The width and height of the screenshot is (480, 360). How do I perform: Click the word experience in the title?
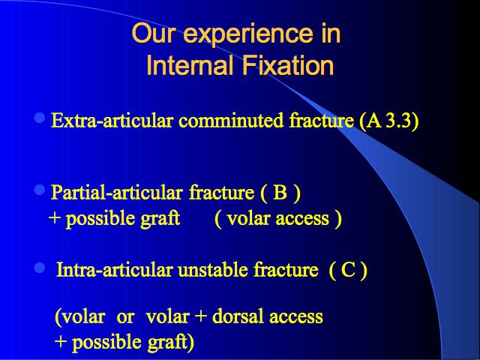click(247, 34)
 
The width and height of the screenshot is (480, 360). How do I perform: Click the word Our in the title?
click(154, 33)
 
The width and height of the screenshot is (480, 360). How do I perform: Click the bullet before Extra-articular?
click(40, 118)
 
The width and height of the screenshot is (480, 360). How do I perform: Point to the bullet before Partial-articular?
click(40, 190)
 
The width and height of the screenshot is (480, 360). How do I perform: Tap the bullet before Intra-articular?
click(40, 268)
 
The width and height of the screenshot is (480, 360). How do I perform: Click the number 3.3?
click(398, 121)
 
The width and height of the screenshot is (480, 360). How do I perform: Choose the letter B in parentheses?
click(280, 193)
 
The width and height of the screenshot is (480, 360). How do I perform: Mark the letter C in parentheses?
click(348, 270)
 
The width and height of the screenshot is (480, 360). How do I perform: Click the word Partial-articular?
click(117, 193)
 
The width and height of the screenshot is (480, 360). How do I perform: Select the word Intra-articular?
click(114, 270)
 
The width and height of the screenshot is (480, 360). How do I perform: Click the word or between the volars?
click(125, 318)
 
